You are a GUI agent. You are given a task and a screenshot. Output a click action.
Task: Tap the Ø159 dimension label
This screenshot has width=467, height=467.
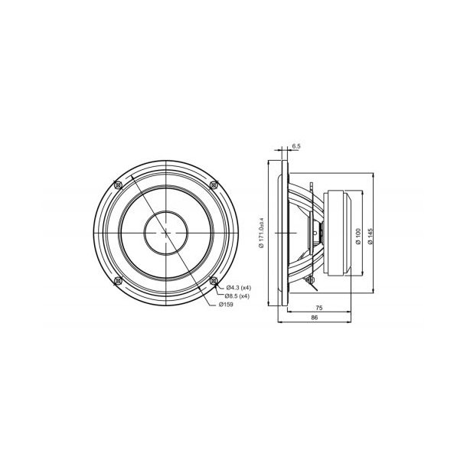point(227,305)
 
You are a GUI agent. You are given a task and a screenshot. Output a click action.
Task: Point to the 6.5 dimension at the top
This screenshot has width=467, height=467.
point(296,145)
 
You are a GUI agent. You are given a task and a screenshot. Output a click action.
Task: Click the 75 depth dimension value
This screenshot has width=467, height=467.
point(318,309)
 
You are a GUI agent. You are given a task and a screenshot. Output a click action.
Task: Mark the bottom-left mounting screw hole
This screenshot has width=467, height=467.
point(116,281)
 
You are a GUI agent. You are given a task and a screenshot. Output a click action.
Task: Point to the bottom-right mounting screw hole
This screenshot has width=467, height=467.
point(214,281)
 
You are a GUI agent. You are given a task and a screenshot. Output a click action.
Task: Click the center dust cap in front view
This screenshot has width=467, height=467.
point(165,232)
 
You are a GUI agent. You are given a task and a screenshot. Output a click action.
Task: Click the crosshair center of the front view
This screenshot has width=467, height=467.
point(165,232)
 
